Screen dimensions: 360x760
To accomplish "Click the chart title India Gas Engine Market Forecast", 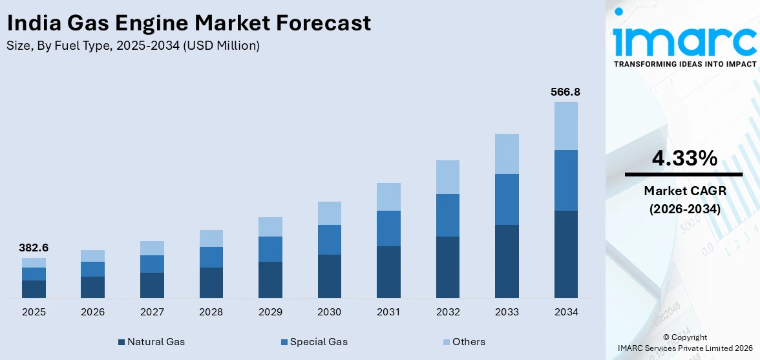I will (x=189, y=23).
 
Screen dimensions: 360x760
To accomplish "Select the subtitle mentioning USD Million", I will (x=133, y=46).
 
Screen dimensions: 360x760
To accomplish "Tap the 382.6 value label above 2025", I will (x=34, y=248).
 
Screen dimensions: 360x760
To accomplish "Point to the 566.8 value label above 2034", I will (x=565, y=92).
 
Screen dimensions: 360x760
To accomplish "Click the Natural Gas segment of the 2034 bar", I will (x=565, y=254).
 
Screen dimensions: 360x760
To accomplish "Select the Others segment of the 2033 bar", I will (x=507, y=154).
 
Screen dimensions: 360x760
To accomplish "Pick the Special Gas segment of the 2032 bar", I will (x=447, y=215).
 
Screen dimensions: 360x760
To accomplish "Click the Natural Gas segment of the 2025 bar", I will (x=34, y=289).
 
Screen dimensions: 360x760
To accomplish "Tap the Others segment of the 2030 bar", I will (x=329, y=213).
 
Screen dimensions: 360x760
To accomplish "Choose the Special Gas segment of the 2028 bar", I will (x=211, y=257).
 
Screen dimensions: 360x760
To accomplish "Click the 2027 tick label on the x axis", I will (x=152, y=312).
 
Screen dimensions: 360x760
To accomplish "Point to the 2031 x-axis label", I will (x=388, y=312).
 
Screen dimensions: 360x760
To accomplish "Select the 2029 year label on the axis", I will (x=270, y=312).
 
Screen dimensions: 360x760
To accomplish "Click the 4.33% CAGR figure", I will (x=684, y=158).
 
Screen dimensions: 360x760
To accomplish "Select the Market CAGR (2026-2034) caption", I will (x=684, y=200).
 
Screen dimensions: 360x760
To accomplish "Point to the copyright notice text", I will (x=684, y=343).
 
